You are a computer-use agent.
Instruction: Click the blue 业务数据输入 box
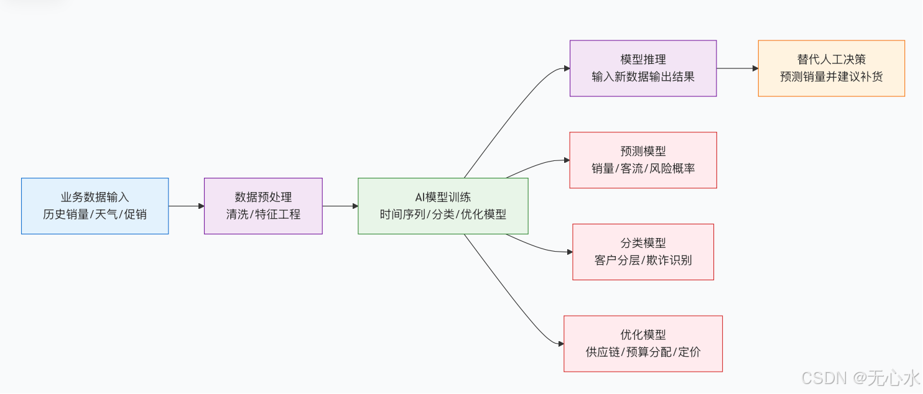95,206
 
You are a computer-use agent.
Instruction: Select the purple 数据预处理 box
263,206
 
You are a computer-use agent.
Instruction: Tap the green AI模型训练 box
443,206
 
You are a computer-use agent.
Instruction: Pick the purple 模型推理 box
643,68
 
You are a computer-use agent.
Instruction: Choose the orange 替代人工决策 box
831,68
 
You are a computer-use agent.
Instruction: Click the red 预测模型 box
643,160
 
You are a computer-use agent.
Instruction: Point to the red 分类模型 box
643,252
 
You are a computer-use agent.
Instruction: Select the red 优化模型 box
643,344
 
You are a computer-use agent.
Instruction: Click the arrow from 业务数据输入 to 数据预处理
186,206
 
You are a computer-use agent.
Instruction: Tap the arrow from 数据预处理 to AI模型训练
340,206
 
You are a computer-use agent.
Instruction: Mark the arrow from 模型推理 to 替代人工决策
737,68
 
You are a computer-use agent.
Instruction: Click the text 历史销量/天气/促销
95,214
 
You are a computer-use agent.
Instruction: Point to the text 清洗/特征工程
263,214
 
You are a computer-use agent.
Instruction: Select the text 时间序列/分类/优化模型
443,214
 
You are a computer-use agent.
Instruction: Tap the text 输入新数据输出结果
643,77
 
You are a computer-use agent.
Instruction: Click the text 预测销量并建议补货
831,77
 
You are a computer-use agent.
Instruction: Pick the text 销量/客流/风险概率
643,168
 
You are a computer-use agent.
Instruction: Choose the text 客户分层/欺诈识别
643,260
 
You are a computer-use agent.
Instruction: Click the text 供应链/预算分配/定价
643,352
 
